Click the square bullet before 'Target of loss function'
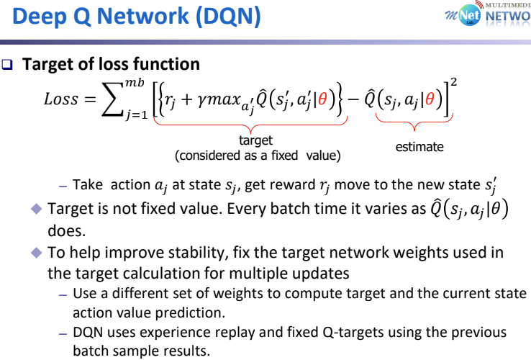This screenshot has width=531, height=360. tap(9, 65)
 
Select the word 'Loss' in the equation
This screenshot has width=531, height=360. tap(61, 99)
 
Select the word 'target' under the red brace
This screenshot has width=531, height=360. tap(256, 141)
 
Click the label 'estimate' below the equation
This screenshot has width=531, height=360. tap(419, 147)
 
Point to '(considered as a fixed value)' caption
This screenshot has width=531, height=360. tap(257, 155)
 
